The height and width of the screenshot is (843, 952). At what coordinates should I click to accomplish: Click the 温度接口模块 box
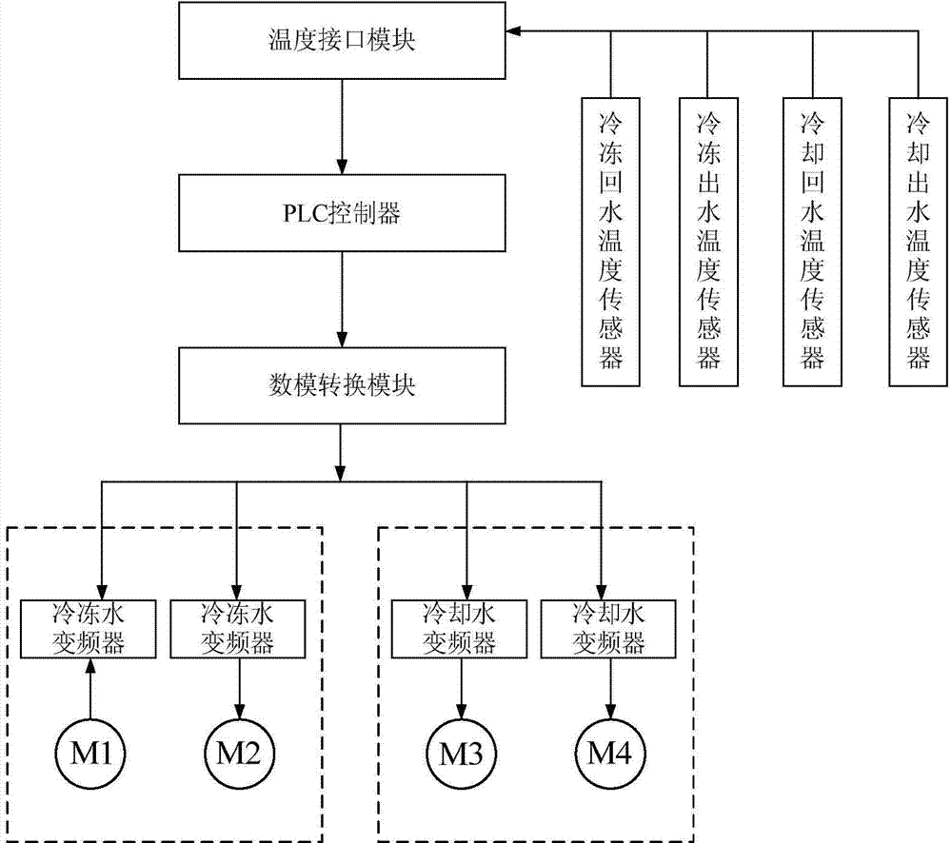click(x=343, y=41)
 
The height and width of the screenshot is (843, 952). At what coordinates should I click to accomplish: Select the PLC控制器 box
click(x=343, y=213)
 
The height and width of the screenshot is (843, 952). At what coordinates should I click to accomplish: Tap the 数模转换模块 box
click(x=343, y=387)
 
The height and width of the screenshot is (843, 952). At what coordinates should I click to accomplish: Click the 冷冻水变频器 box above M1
click(x=92, y=628)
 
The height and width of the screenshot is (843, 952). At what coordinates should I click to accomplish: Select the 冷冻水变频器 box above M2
click(x=238, y=628)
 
